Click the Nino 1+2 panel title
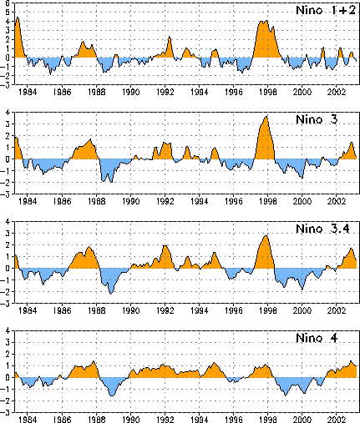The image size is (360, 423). [x=326, y=10]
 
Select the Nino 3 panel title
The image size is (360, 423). [x=317, y=119]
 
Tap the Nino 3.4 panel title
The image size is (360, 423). [x=322, y=229]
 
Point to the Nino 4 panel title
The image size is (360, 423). [x=317, y=338]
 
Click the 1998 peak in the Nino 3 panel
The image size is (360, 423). [x=266, y=117]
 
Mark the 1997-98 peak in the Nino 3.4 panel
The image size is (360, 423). [x=266, y=236]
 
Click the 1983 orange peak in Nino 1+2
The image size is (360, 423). [x=18, y=18]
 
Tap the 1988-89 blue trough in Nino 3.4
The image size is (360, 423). [x=111, y=294]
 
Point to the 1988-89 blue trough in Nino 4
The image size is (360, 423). [x=112, y=395]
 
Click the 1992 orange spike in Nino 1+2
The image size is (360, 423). [x=170, y=37]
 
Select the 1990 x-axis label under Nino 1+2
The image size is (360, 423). [x=130, y=92]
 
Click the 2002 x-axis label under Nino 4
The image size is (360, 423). [x=337, y=420]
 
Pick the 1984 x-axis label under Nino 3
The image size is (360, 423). [x=28, y=201]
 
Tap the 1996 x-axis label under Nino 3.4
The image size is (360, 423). [x=234, y=310]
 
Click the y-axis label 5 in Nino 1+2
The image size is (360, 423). [x=8, y=13]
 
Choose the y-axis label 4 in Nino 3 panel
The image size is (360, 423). [x=8, y=113]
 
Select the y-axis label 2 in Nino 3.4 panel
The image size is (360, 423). [x=8, y=245]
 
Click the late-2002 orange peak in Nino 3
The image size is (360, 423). [x=352, y=143]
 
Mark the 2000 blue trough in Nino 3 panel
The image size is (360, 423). [x=302, y=178]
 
